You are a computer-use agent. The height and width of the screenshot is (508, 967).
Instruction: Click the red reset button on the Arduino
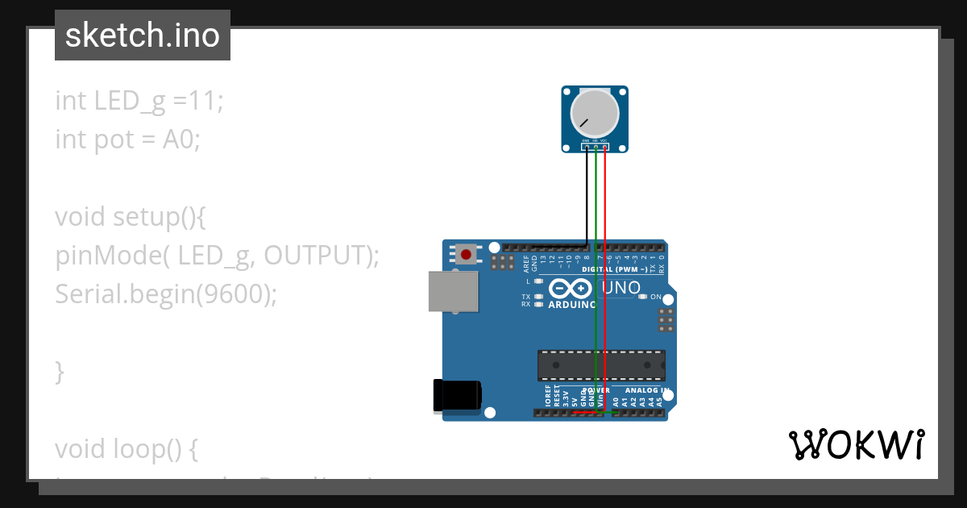click(466, 255)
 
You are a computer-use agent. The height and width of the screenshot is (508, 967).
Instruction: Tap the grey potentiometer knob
click(595, 114)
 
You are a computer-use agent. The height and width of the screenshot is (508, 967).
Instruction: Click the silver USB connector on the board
click(453, 291)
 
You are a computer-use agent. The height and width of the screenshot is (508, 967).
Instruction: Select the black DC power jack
click(457, 394)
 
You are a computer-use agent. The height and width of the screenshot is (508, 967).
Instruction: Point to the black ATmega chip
click(601, 365)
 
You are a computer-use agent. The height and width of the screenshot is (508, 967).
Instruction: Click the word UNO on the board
click(621, 288)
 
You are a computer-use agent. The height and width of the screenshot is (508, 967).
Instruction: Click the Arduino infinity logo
click(571, 289)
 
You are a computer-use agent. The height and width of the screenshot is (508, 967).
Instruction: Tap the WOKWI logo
click(856, 445)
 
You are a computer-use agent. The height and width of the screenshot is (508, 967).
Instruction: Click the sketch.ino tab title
click(143, 35)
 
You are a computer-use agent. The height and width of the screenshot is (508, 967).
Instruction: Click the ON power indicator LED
click(642, 297)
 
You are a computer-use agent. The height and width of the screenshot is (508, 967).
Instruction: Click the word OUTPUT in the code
click(315, 256)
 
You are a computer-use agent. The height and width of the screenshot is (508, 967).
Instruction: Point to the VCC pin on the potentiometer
click(604, 147)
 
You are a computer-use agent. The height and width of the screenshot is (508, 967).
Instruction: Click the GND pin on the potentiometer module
click(587, 147)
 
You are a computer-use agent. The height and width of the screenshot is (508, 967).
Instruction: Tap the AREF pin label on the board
click(526, 263)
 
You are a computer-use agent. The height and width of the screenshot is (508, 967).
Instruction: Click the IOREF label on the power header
click(548, 395)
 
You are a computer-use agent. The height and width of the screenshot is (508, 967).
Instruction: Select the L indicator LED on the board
click(538, 281)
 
